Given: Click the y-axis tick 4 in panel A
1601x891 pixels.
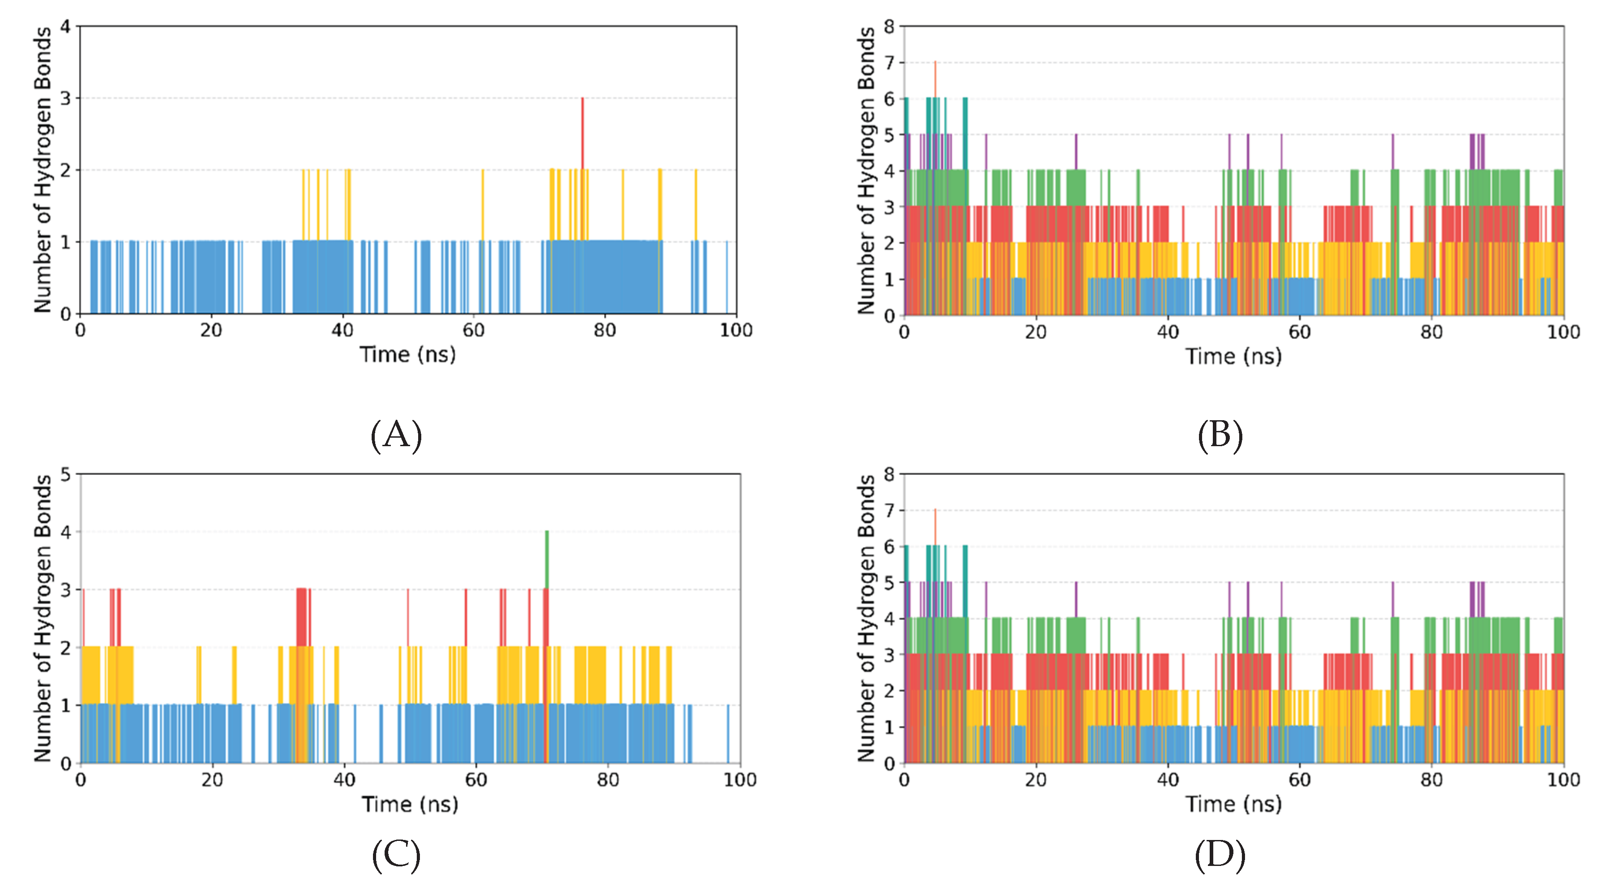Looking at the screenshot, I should [x=65, y=27].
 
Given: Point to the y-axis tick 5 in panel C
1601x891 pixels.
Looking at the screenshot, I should [x=65, y=475].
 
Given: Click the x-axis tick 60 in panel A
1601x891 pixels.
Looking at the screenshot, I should [x=473, y=330].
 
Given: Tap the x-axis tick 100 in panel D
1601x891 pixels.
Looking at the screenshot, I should [x=1563, y=780].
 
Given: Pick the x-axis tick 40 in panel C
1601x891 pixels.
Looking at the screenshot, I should [x=344, y=780].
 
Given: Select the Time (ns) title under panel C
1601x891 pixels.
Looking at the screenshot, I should [x=410, y=804].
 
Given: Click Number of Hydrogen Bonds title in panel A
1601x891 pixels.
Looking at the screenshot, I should [x=42, y=169].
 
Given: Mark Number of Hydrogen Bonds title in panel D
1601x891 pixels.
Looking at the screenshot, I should [x=866, y=618].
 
